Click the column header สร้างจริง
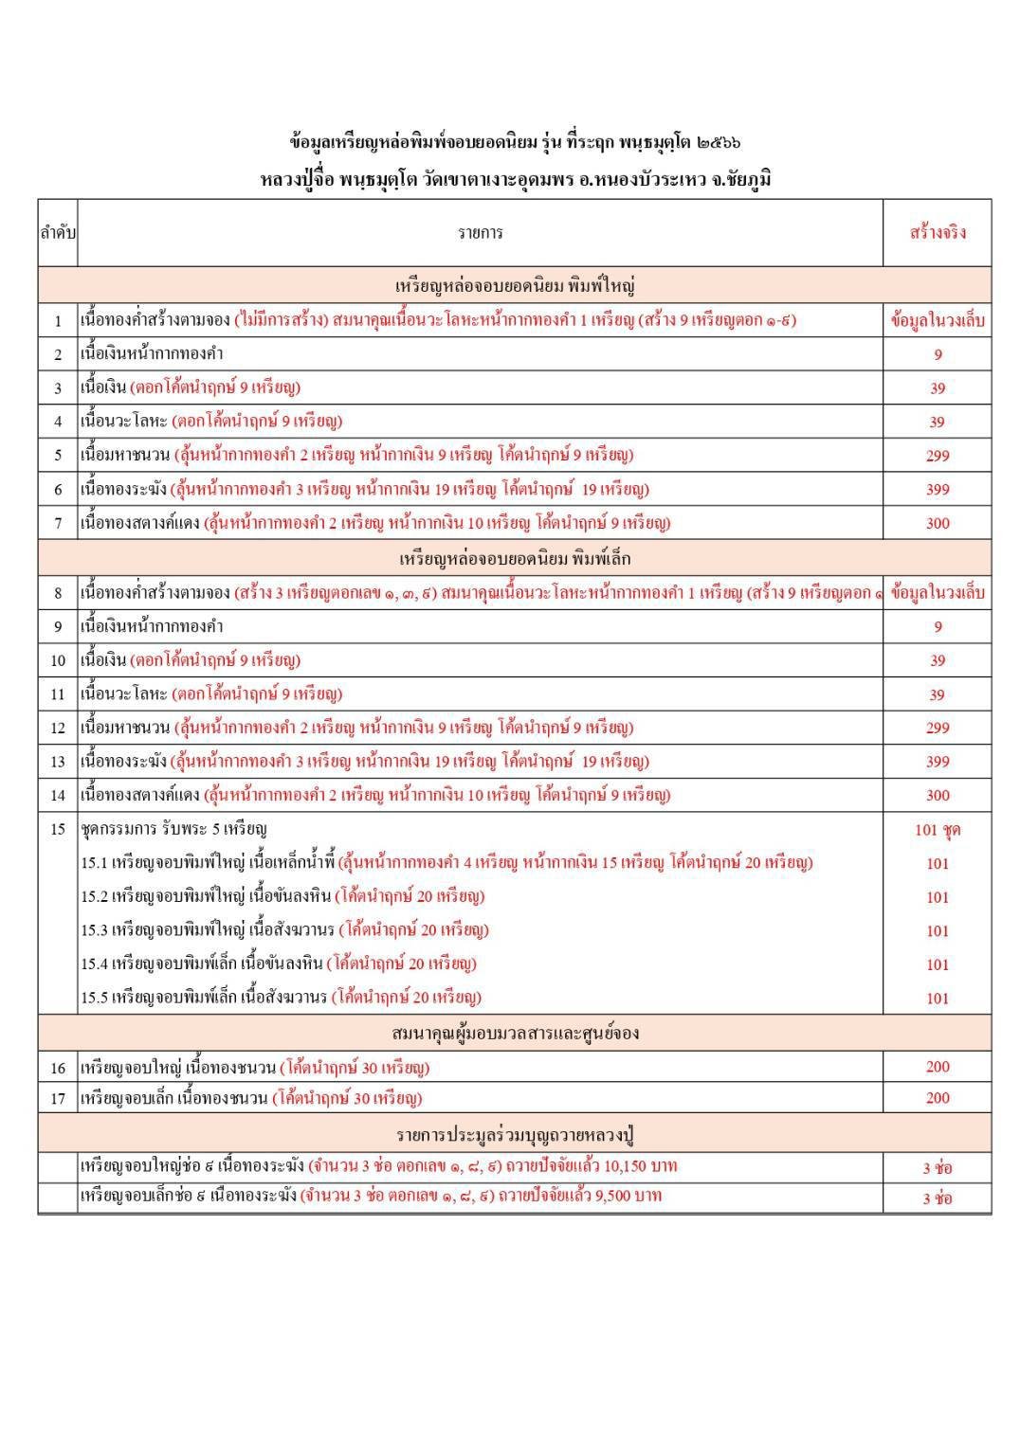tap(937, 232)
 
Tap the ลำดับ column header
tap(57, 232)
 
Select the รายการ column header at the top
tap(480, 232)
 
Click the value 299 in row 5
tap(937, 456)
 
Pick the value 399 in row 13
tap(937, 762)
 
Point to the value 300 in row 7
tap(937, 523)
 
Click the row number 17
tap(57, 1099)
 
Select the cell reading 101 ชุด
tap(937, 830)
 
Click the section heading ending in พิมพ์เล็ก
tap(515, 558)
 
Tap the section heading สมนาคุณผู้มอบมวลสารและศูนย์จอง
tap(515, 1033)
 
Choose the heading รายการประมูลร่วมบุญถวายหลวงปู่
tap(515, 1134)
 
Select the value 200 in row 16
tap(937, 1067)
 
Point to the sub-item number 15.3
tap(93, 930)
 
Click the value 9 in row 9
tap(937, 626)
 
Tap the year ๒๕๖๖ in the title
tap(718, 143)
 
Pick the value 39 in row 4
tap(937, 423)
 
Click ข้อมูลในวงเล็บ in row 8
tap(937, 593)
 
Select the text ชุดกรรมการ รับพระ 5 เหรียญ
tap(173, 830)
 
